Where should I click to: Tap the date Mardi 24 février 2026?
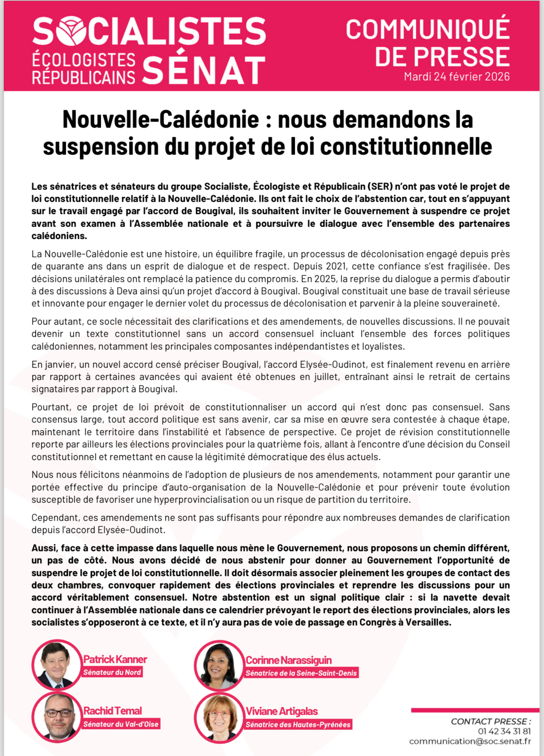point(457,77)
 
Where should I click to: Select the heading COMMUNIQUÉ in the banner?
point(428,29)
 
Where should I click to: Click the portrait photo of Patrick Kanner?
point(57,664)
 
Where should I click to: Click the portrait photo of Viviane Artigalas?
point(219,718)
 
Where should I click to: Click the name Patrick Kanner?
point(115,659)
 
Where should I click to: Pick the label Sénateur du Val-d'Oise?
point(121,724)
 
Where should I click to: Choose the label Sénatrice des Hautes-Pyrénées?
point(298,725)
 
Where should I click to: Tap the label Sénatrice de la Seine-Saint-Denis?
point(301,673)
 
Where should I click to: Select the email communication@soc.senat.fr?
point(470,741)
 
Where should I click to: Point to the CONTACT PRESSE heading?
point(491,721)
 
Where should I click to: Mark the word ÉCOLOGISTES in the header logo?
point(84,60)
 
